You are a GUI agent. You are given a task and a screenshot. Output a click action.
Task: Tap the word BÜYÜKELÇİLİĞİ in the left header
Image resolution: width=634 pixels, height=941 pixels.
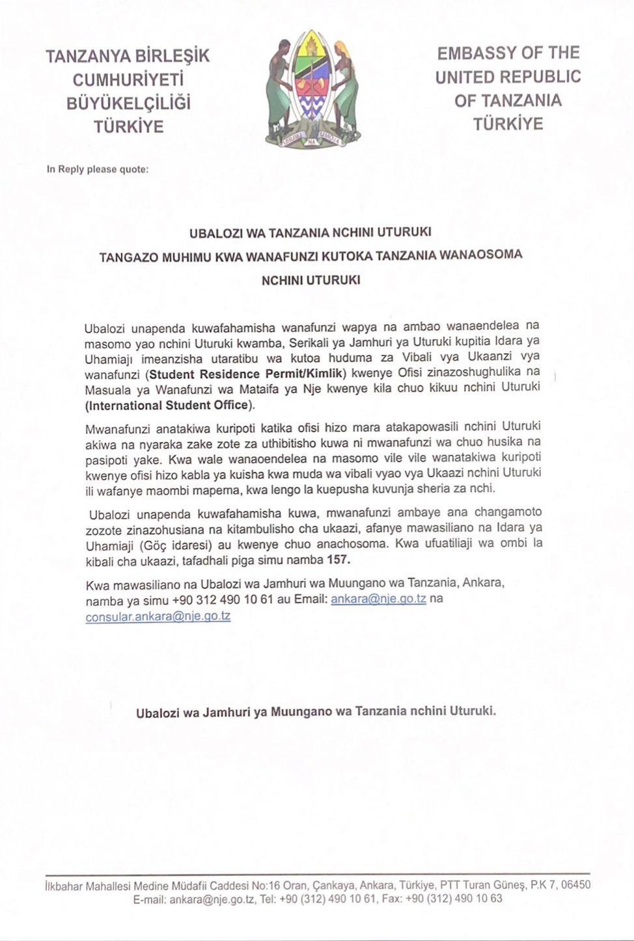click(128, 103)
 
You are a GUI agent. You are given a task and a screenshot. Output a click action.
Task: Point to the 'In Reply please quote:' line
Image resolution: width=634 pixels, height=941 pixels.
click(98, 169)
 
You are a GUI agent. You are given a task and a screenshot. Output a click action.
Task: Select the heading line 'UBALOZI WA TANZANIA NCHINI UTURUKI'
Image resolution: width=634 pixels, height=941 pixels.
click(310, 232)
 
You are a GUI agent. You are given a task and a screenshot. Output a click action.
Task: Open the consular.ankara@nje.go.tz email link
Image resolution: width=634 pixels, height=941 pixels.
click(158, 616)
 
